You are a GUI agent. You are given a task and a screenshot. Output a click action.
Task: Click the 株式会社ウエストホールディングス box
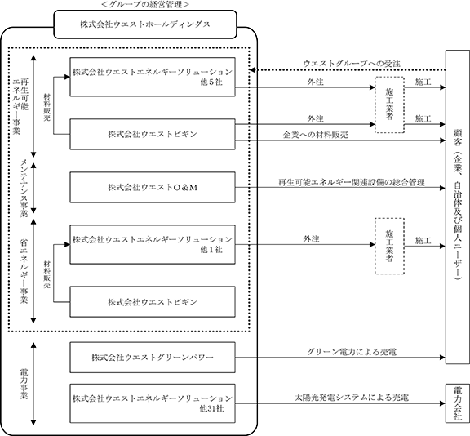(145, 24)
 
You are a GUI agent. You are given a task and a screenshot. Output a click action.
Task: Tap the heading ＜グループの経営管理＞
(145, 4)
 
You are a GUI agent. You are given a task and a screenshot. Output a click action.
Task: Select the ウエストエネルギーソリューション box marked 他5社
(153, 77)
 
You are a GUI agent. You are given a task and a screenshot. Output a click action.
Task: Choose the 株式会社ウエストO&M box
(153, 188)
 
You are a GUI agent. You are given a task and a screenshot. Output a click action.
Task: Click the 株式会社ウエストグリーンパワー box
(153, 358)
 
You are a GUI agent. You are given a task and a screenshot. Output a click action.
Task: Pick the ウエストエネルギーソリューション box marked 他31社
(153, 403)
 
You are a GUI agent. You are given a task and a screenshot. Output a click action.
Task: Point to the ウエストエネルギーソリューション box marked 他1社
(153, 244)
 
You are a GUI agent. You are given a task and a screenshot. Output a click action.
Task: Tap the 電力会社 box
(458, 403)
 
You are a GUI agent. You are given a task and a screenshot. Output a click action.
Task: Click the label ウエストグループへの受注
(352, 64)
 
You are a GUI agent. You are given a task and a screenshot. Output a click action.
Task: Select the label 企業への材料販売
(315, 135)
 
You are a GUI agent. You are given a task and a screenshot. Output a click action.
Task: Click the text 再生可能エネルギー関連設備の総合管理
(352, 182)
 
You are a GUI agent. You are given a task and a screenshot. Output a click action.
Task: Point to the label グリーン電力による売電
(352, 352)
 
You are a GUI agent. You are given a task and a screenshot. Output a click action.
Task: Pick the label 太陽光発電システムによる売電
(352, 398)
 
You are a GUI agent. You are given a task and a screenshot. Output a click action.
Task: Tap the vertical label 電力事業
(24, 384)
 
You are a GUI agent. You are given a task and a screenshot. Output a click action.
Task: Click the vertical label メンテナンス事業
(24, 188)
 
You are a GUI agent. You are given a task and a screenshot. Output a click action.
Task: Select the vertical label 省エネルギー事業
(24, 271)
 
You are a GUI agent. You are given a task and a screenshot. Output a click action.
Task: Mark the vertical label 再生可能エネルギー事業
(20, 106)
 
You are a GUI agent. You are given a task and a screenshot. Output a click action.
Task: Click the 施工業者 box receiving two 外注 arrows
(389, 105)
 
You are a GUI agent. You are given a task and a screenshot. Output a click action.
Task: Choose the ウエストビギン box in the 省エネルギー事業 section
(153, 301)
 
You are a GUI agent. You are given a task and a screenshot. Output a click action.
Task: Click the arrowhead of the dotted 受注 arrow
(252, 70)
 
